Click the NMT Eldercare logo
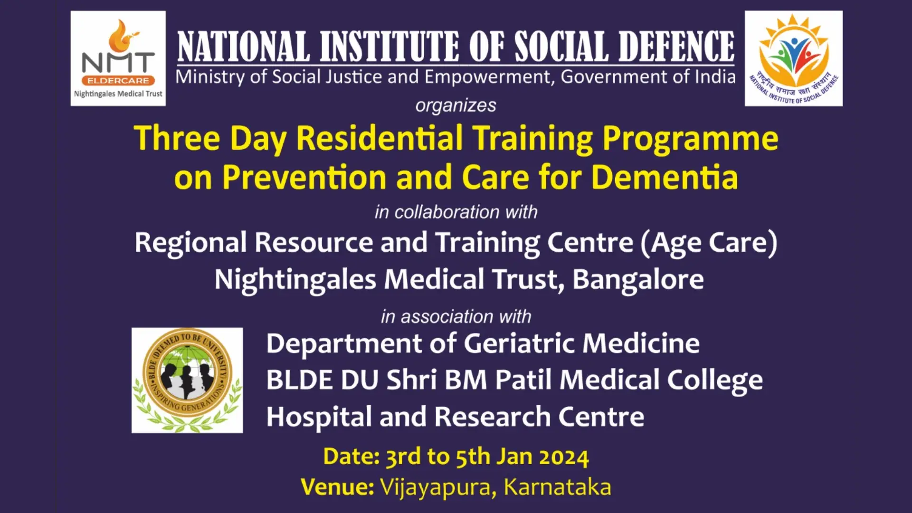[118, 58]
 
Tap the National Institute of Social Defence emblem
[794, 58]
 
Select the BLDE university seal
[187, 380]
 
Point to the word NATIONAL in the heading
[244, 47]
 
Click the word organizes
[456, 105]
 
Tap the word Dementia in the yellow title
[665, 177]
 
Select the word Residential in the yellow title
[380, 138]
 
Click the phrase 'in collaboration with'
[456, 212]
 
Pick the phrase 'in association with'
[456, 316]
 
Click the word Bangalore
[638, 280]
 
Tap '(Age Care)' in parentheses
[709, 243]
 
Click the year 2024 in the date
[564, 457]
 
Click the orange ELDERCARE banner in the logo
[118, 80]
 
